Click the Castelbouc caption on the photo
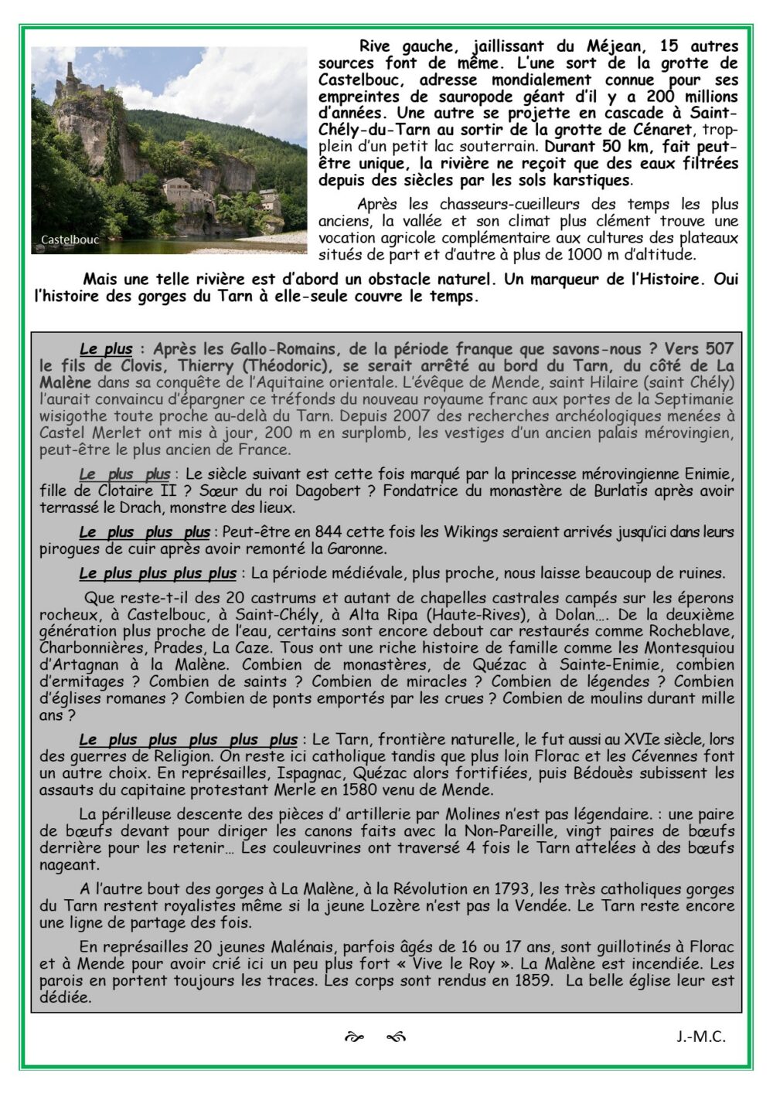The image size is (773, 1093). [x=70, y=239]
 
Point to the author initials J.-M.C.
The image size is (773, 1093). [x=700, y=1037]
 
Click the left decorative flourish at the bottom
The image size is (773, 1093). [x=354, y=1037]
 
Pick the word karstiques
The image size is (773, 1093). [x=590, y=180]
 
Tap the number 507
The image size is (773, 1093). [x=717, y=349]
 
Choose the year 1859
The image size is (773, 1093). [x=533, y=981]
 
